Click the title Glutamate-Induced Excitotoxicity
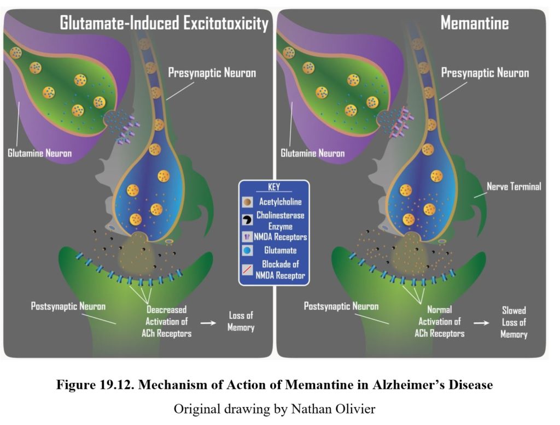point(164,23)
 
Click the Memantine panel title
point(474,23)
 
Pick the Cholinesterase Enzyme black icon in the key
point(248,220)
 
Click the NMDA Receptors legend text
point(282,237)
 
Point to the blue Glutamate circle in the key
point(248,251)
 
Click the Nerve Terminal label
point(514,187)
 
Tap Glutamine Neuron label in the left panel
point(39,153)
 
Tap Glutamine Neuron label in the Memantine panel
point(312,153)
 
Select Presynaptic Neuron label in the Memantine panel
point(485,73)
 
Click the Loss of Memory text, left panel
point(241,322)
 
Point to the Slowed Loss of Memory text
point(514,322)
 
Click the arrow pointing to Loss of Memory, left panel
point(208,323)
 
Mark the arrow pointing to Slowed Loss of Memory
point(481,323)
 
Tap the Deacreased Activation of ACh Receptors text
point(168,321)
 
